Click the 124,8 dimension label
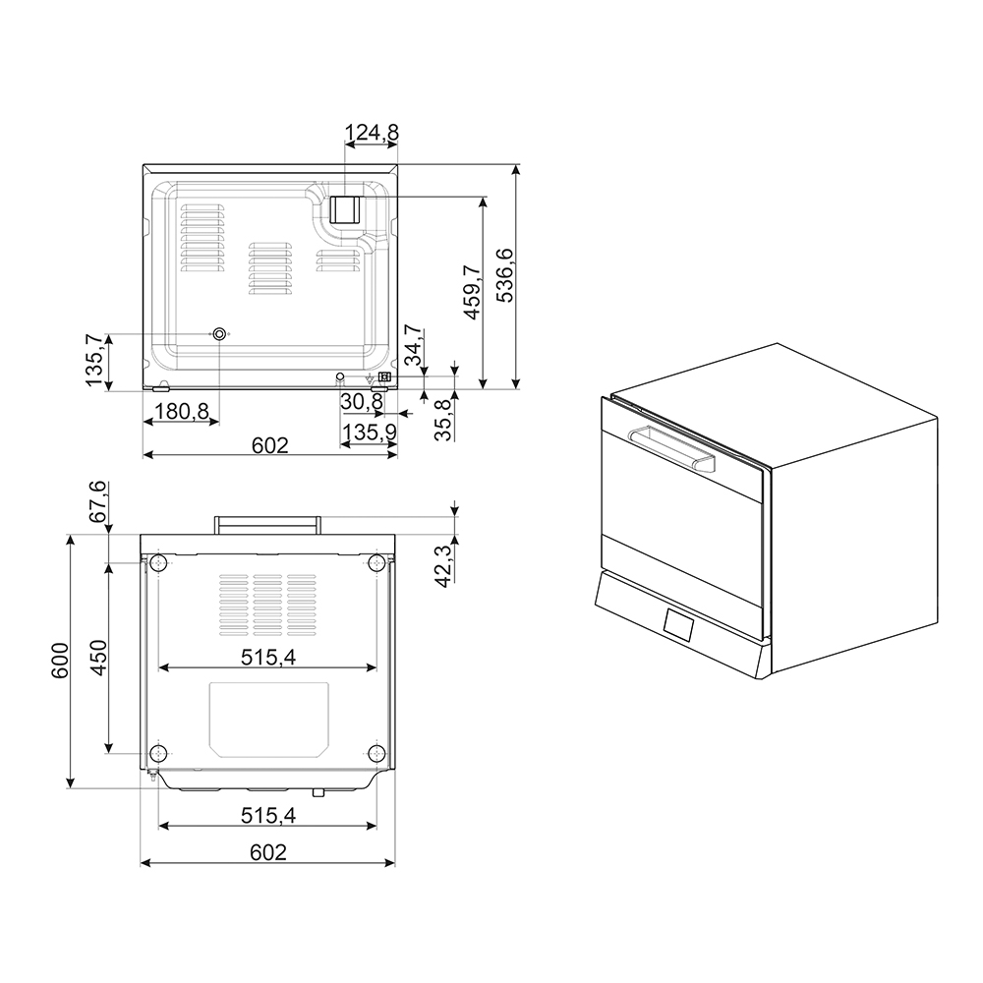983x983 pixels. (372, 133)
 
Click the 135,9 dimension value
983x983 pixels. (370, 432)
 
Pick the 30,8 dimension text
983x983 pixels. (363, 401)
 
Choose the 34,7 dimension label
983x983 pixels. (415, 345)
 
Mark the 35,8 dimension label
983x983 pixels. (443, 420)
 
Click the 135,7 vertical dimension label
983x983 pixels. (94, 360)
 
